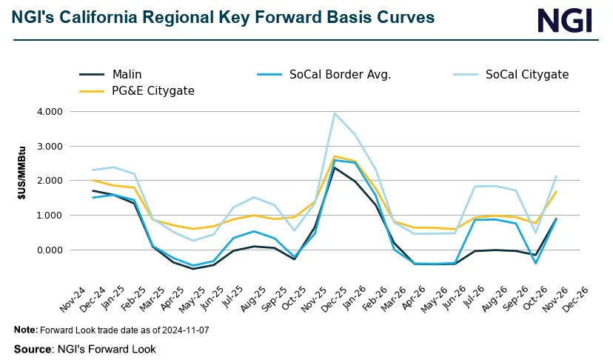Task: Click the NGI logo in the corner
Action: pos(564,20)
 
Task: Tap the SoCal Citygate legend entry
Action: pos(526,74)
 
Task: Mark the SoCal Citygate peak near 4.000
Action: pos(335,113)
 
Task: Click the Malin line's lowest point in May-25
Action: pos(194,269)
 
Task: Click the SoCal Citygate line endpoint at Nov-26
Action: pos(556,176)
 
